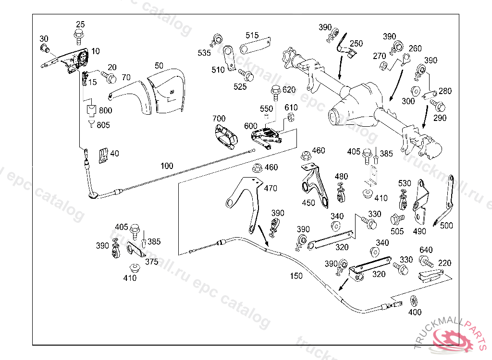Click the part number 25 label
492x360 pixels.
(x=80, y=24)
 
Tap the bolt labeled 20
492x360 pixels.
(x=111, y=77)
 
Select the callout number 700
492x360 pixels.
(x=219, y=119)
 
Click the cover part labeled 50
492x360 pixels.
(x=166, y=91)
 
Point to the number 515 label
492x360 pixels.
(x=252, y=36)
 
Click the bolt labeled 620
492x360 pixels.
(x=276, y=90)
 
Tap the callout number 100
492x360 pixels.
(x=167, y=166)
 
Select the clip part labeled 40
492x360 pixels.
(x=103, y=155)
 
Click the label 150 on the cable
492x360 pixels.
(x=296, y=276)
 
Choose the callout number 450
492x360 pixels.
(x=308, y=203)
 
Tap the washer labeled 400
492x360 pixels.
(x=414, y=301)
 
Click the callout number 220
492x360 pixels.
(x=444, y=263)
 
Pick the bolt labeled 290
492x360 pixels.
(x=439, y=106)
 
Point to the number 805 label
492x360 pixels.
(x=103, y=125)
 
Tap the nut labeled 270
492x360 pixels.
(x=383, y=65)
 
